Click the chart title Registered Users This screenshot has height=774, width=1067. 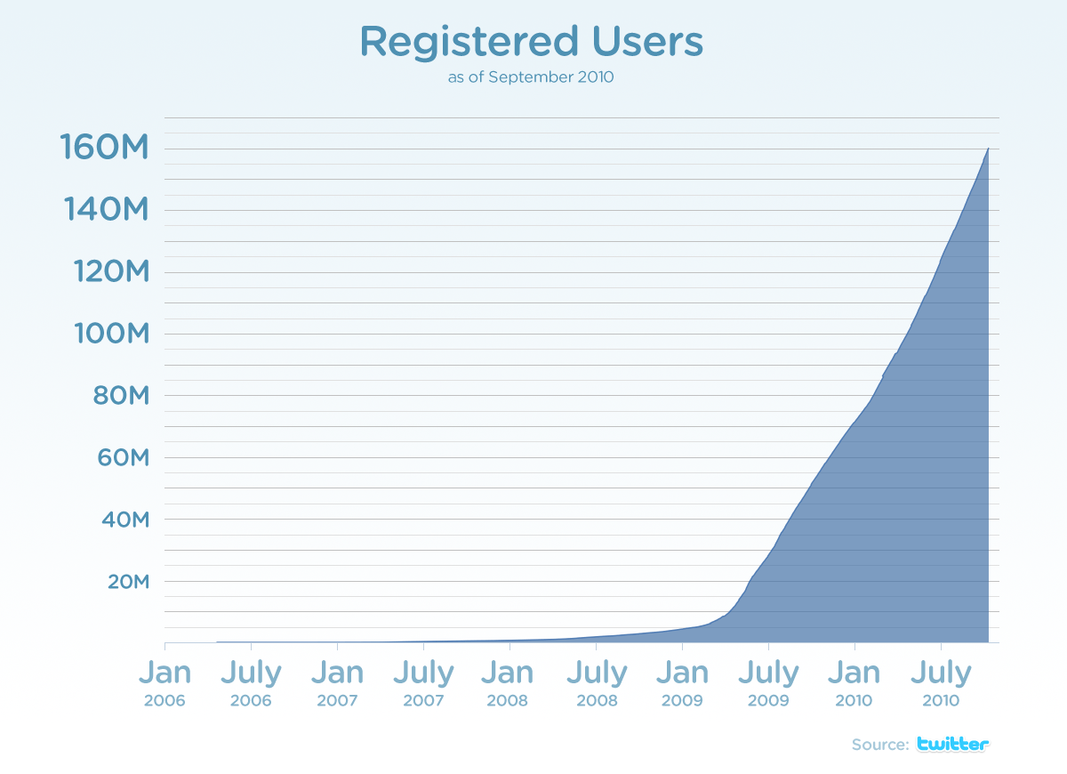tap(531, 42)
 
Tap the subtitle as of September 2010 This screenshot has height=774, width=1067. tap(531, 77)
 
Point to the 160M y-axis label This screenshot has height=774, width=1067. tap(103, 148)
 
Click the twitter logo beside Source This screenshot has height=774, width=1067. tap(952, 745)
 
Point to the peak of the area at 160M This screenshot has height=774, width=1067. tap(988, 149)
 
